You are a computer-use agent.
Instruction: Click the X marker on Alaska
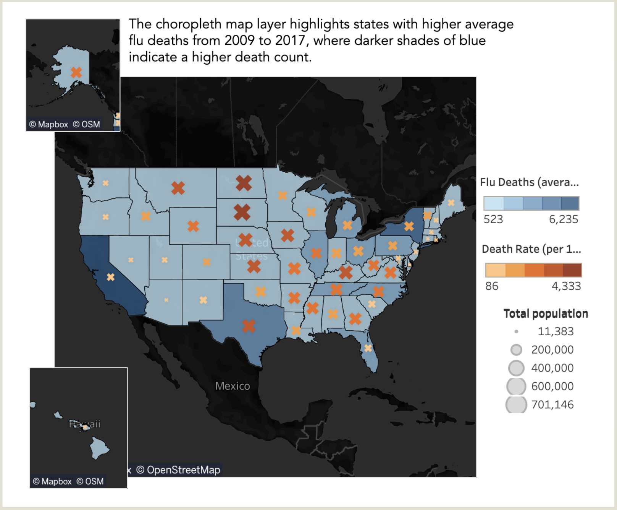coord(76,72)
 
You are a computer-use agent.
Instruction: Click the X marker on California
coord(111,277)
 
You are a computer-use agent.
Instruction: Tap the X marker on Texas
coord(249,326)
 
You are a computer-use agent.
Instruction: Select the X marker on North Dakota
coord(244,183)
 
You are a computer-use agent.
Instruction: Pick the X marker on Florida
coord(368,348)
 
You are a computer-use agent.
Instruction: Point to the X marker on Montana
coord(178,188)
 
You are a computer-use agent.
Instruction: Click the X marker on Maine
coord(451,203)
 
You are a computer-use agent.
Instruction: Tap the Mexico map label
coord(233,386)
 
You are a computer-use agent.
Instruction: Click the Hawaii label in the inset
coord(85,424)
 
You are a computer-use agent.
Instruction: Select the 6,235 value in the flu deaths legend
coord(563,219)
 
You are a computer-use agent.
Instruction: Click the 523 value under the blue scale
coord(493,219)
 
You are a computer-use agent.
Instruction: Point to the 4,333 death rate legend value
coord(566,286)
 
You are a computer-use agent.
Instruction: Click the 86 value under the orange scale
coord(492,286)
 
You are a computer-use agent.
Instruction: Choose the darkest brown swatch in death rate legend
coord(572,270)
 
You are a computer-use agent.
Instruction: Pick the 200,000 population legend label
coord(552,349)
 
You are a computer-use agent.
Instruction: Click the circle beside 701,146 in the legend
coord(516,404)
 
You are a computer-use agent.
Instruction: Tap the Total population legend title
coord(545,313)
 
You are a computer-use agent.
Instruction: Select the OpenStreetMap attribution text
coord(183,470)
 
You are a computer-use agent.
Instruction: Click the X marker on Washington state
coord(106,183)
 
